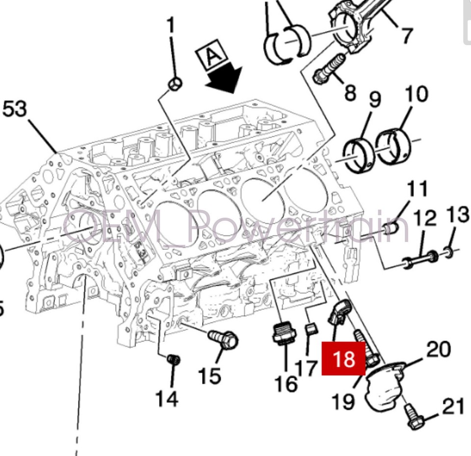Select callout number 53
pos(15,108)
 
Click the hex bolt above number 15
pos(224,338)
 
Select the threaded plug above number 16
pos(284,334)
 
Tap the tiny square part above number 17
pos(309,328)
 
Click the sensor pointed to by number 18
pos(340,312)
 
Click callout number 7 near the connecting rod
pos(407,35)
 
